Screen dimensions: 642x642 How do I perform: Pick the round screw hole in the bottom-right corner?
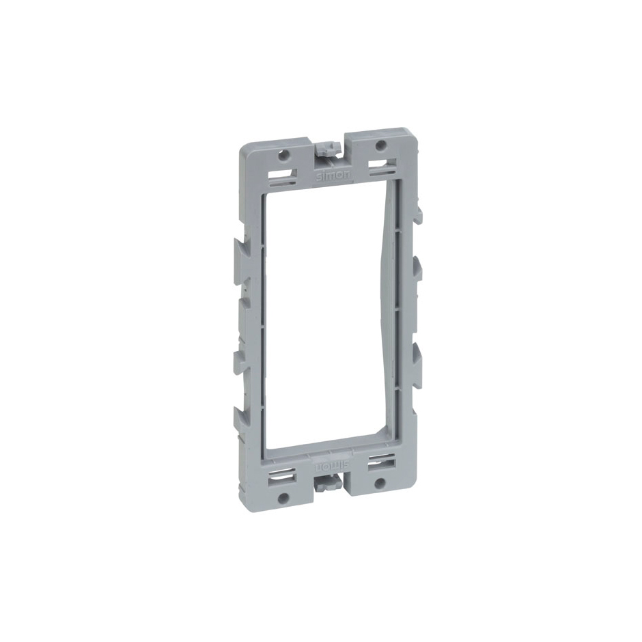[x=380, y=482]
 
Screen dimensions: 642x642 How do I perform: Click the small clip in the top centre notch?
[x=330, y=149]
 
